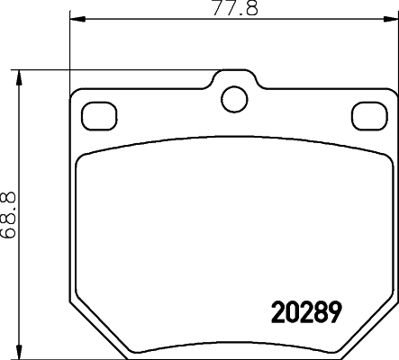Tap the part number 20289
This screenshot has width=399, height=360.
307,311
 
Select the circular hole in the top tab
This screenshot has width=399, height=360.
233,96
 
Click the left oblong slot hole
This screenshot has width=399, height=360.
97,114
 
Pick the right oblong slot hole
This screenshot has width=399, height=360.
367,114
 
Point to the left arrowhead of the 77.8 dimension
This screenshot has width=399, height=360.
76,18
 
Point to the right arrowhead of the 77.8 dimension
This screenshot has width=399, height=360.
390,18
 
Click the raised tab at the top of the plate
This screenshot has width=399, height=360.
233,83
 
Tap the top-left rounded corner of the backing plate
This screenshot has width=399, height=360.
75,93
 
